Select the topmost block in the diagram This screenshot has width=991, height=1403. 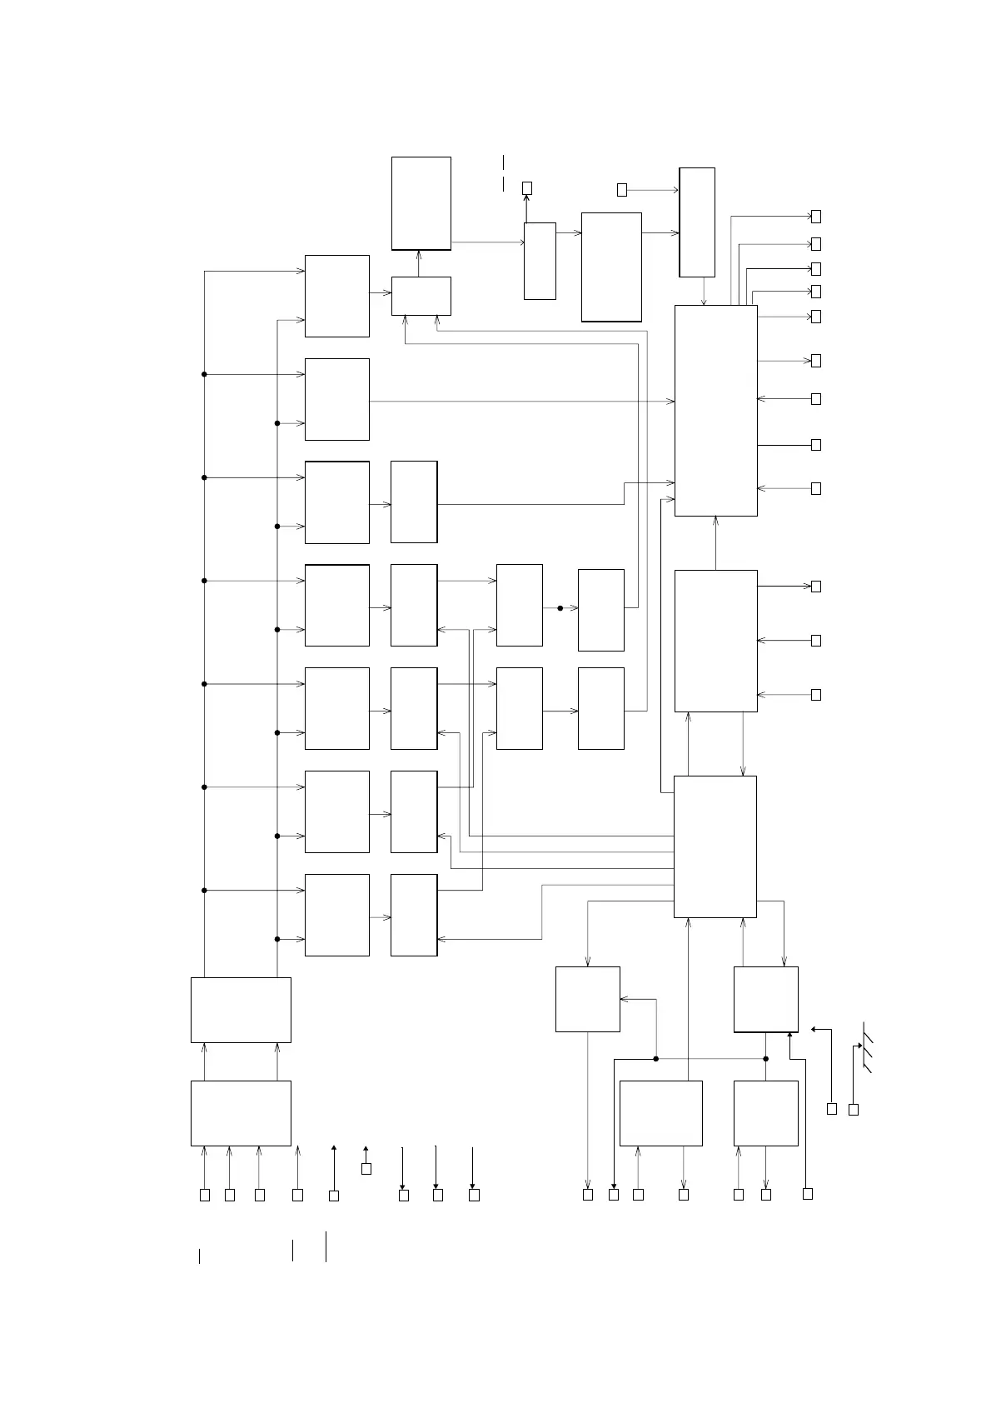click(x=421, y=202)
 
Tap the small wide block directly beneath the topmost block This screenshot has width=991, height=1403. click(x=421, y=296)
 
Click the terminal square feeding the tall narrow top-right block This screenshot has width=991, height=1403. click(x=622, y=190)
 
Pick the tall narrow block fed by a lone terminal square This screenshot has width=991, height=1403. click(x=697, y=222)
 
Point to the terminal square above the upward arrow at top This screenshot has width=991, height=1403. click(x=527, y=188)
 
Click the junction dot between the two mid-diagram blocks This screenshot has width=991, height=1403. click(x=560, y=608)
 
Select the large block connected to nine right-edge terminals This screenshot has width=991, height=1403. click(x=715, y=410)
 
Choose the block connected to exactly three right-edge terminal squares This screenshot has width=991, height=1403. click(x=715, y=641)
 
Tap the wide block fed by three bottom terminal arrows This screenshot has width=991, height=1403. click(x=241, y=1113)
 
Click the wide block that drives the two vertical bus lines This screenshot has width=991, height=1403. click(x=241, y=1010)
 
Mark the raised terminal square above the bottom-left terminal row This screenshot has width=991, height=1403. click(x=366, y=1169)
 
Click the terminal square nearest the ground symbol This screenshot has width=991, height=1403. click(x=854, y=1109)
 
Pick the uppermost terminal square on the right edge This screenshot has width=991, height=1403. click(x=816, y=217)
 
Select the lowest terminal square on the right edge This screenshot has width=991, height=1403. click(x=816, y=695)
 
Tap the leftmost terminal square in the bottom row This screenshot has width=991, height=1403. click(x=205, y=1195)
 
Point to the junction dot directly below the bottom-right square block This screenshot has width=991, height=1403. click(x=766, y=1059)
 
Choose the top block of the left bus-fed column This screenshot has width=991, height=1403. click(x=337, y=296)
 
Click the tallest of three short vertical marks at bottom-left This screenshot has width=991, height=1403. click(x=326, y=1246)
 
